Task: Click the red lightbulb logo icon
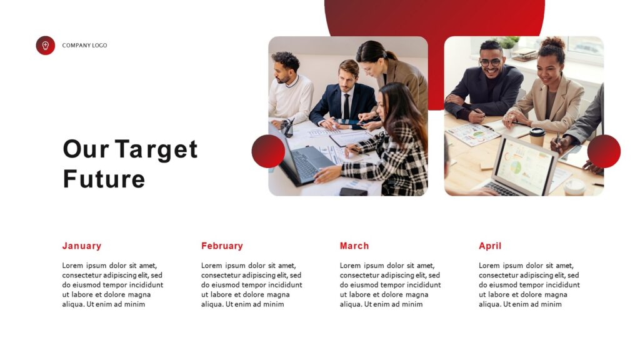pos(45,46)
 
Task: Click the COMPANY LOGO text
pos(84,46)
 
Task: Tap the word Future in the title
pos(104,179)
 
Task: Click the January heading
pos(81,246)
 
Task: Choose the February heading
pos(222,246)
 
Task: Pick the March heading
pos(354,246)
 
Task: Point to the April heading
pos(490,246)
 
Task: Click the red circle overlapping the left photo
pos(268,151)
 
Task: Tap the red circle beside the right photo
pos(604,151)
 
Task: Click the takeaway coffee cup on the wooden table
pos(537,136)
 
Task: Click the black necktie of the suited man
pos(346,106)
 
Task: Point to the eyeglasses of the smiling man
pos(491,62)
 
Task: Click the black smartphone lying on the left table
pos(354,192)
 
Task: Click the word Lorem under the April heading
pos(489,266)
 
